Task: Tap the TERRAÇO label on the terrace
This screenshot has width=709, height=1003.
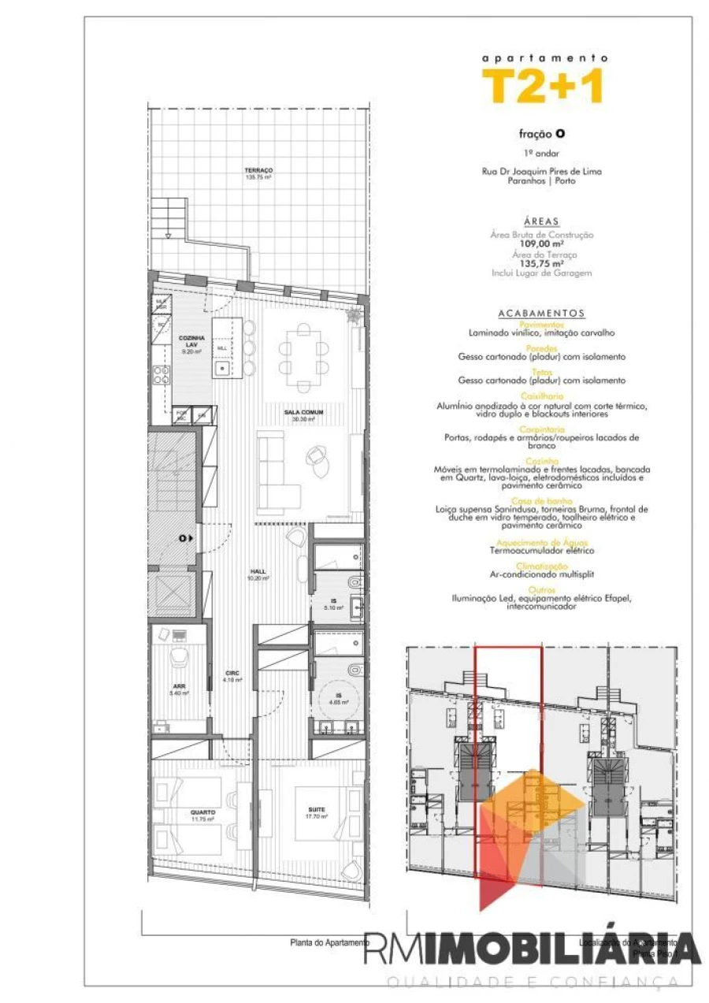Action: point(258,171)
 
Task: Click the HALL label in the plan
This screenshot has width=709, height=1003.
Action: point(258,571)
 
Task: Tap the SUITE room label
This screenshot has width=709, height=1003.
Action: point(317,810)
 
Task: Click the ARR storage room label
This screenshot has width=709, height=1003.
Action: point(179,685)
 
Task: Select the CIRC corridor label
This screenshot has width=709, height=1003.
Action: point(232,673)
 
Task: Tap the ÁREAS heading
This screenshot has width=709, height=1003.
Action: point(541,222)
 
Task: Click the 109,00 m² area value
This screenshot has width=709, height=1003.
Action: point(541,244)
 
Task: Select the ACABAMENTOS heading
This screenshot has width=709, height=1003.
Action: point(541,313)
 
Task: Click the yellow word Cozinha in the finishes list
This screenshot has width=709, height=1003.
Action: point(541,461)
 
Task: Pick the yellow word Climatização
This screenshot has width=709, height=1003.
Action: point(541,567)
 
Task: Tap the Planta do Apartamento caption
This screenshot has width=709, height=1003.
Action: point(329,942)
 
